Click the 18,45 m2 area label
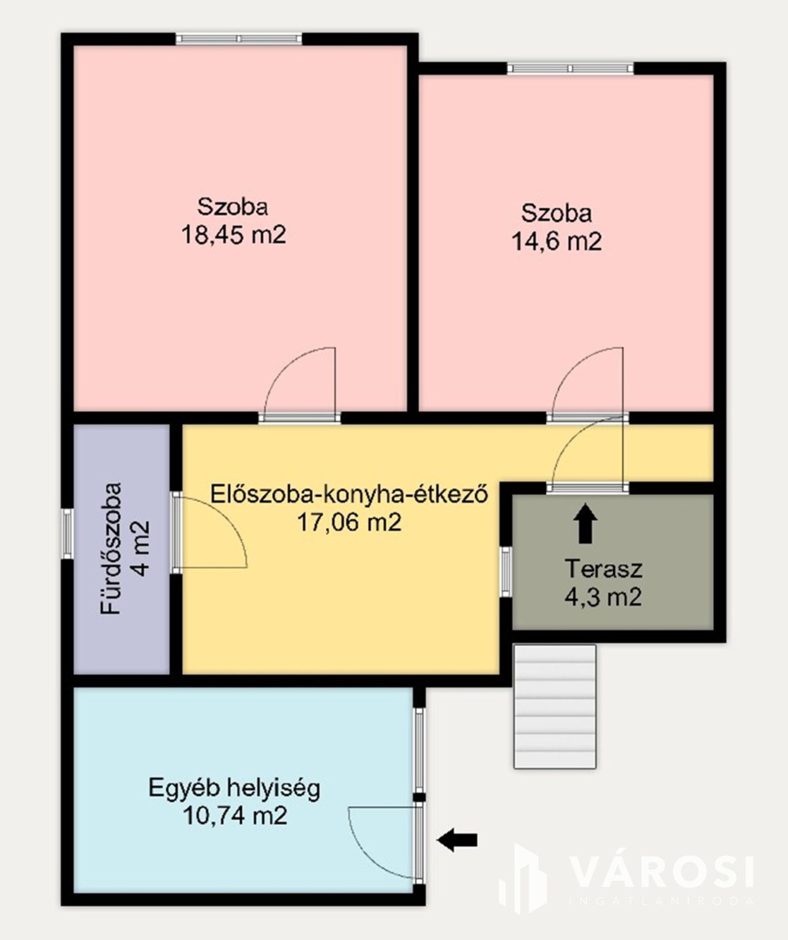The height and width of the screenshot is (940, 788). (x=234, y=235)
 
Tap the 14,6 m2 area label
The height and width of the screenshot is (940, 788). (x=557, y=242)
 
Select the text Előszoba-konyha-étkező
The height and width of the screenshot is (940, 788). (x=350, y=494)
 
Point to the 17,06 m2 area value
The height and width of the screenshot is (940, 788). (x=350, y=523)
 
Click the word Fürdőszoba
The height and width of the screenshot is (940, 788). (x=111, y=548)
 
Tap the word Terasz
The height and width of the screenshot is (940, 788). (x=603, y=569)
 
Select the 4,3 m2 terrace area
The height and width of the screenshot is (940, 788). (x=603, y=597)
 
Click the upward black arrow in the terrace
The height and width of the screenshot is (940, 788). (x=585, y=523)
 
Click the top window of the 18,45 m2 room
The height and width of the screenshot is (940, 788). (x=239, y=39)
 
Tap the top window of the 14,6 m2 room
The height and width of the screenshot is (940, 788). (x=571, y=68)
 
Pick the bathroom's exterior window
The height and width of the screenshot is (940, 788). (x=68, y=534)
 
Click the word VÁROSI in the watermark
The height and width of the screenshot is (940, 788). (x=662, y=870)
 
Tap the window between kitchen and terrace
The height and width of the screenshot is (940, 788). (x=506, y=571)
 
